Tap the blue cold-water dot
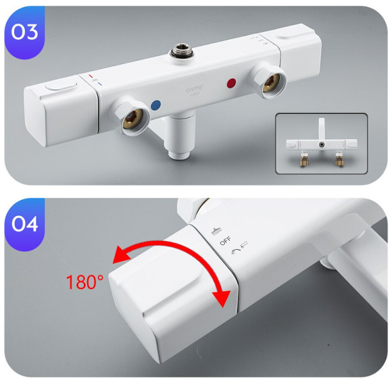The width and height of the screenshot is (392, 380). click(156, 105)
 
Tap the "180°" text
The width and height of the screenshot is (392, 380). click(85, 281)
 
